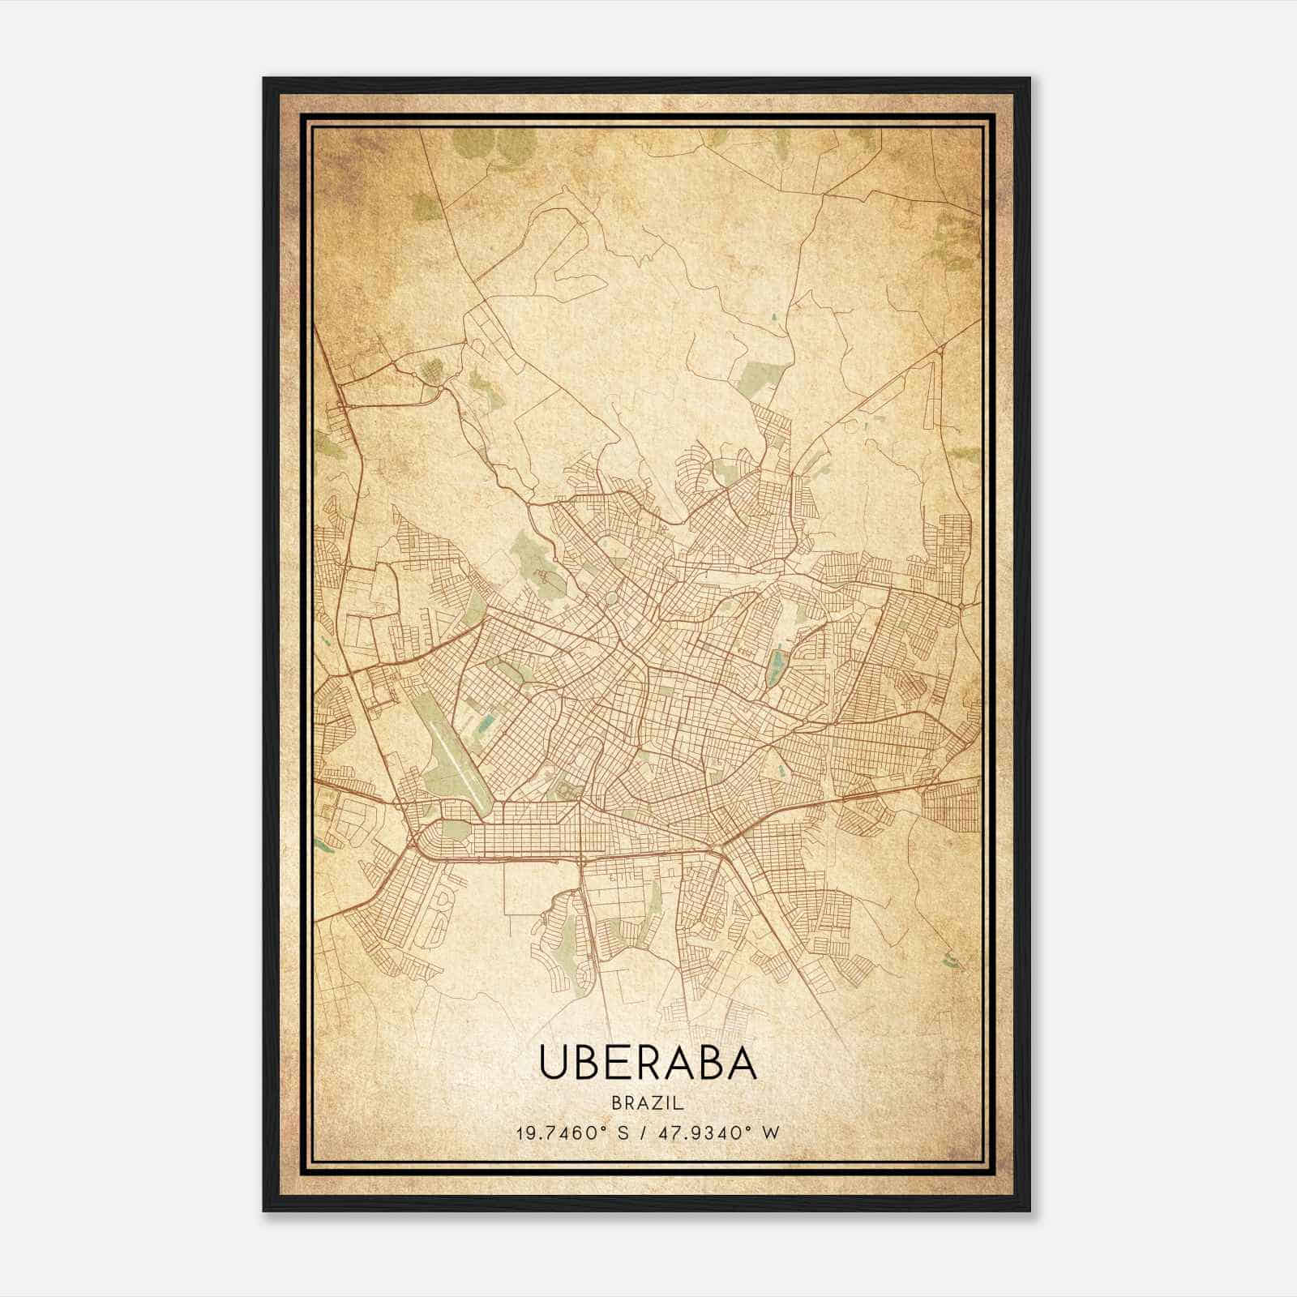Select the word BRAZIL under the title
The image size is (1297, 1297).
(647, 1103)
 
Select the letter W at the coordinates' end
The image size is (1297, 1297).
(771, 1132)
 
